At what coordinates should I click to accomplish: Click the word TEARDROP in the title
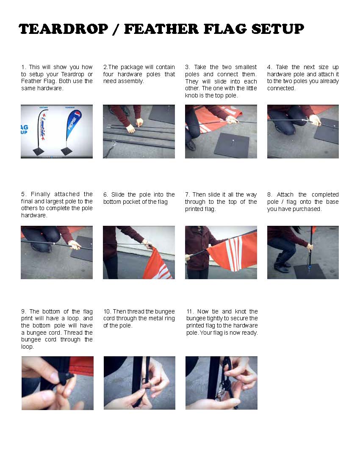pyautogui.click(x=63, y=29)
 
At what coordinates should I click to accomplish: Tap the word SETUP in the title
pyautogui.click(x=277, y=29)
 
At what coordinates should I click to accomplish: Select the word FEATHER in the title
pyautogui.click(x=161, y=29)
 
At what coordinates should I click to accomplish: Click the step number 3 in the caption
pyautogui.click(x=187, y=67)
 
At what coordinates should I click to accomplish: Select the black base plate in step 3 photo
pyautogui.click(x=232, y=144)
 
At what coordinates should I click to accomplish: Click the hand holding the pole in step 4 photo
pyautogui.click(x=315, y=120)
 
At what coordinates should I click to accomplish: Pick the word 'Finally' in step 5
pyautogui.click(x=40, y=194)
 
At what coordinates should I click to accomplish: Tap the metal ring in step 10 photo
pyautogui.click(x=144, y=380)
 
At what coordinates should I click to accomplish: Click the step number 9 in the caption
pyautogui.click(x=23, y=311)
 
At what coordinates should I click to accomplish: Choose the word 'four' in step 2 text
pyautogui.click(x=108, y=74)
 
